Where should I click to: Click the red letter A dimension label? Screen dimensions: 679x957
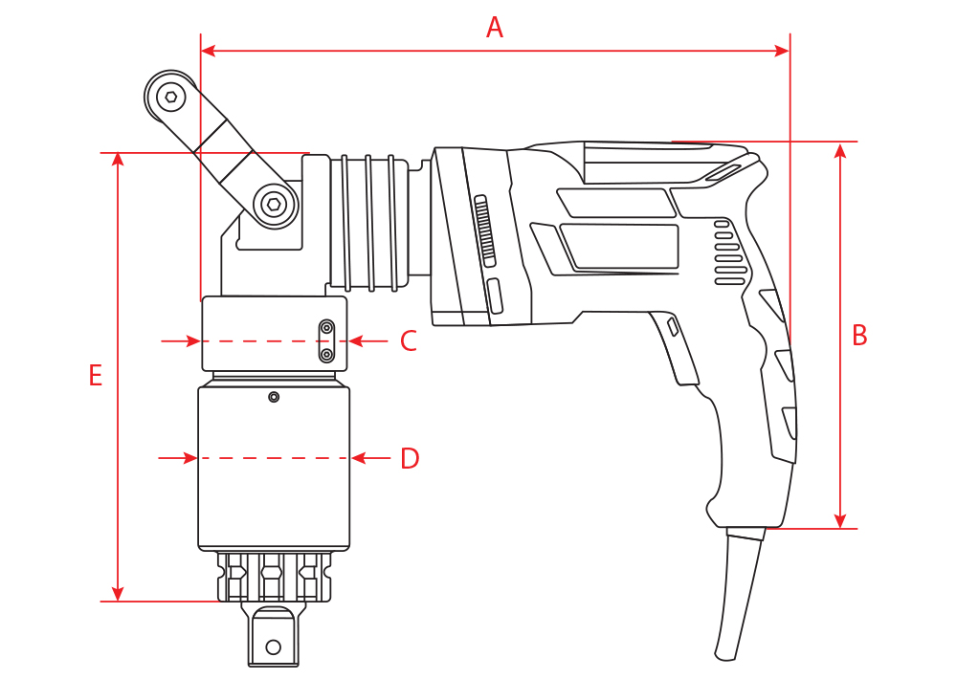click(494, 28)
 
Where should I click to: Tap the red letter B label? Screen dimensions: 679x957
click(859, 336)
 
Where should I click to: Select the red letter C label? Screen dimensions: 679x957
click(409, 341)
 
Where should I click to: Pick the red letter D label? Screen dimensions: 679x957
click(410, 459)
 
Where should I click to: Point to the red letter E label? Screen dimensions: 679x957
click(95, 376)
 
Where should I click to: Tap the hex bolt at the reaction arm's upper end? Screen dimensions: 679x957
click(170, 96)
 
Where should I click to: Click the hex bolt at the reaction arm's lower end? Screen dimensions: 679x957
click(274, 204)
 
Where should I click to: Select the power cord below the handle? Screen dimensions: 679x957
click(740, 593)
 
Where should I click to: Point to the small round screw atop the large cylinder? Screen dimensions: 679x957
click(274, 397)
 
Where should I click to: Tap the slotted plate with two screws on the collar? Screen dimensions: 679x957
click(327, 341)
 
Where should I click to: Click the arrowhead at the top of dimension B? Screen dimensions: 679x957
click(840, 150)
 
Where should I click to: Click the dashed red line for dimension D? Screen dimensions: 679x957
click(274, 459)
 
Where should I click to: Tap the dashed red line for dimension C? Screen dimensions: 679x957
click(258, 340)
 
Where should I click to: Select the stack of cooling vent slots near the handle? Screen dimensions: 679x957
click(729, 253)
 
